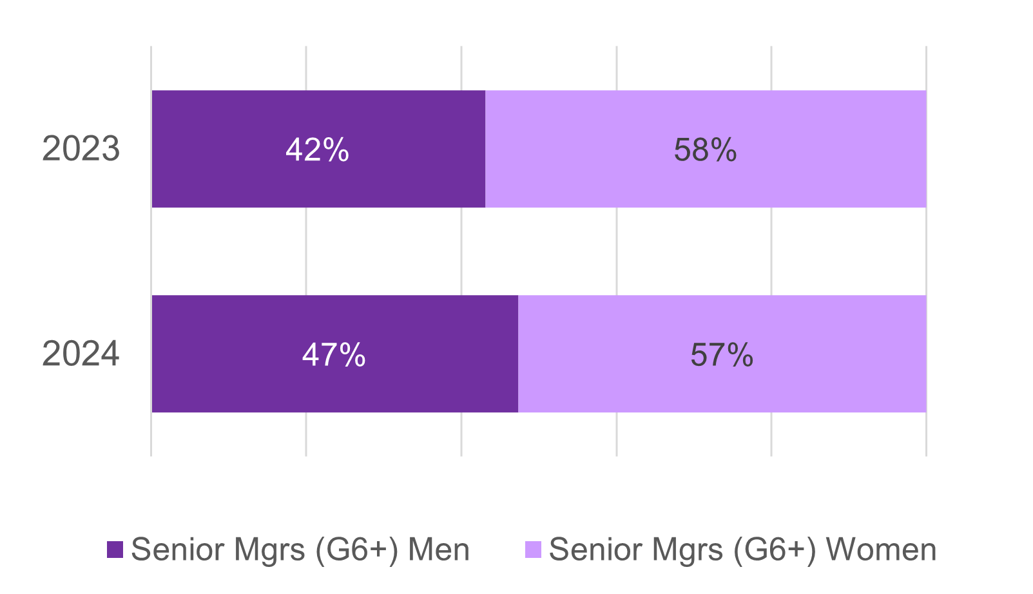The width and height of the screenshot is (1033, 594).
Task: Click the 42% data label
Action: click(x=317, y=150)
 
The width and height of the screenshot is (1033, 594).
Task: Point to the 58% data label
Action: click(x=705, y=150)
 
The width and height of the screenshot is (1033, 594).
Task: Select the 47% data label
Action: click(x=334, y=355)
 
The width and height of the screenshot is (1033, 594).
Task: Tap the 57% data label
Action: click(x=722, y=355)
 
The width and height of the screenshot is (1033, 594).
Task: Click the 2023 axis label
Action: click(x=81, y=149)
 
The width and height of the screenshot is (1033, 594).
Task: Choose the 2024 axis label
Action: click(x=81, y=354)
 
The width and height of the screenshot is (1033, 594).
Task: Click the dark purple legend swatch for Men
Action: click(x=115, y=550)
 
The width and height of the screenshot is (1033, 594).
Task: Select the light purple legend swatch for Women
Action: click(x=533, y=550)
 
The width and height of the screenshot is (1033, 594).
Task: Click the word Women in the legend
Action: click(x=881, y=550)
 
